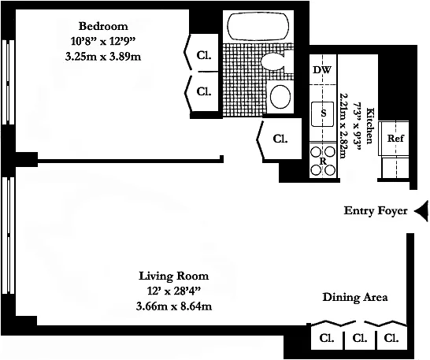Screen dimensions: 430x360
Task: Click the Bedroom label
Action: [103, 26]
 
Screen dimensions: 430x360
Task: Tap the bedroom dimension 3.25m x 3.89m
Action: [103, 57]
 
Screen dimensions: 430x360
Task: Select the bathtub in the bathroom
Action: [258, 27]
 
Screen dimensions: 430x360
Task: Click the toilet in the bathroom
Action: [276, 61]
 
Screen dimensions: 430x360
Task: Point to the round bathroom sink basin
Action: [280, 97]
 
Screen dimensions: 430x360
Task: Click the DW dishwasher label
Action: [323, 70]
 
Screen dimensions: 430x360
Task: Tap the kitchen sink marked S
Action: [323, 114]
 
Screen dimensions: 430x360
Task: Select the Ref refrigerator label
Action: [395, 138]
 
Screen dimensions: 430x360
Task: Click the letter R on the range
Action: [324, 161]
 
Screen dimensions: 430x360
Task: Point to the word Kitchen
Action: [370, 126]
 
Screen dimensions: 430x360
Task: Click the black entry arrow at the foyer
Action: [421, 211]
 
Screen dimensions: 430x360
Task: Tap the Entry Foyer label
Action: [376, 211]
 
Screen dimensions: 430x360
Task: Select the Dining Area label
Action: [355, 297]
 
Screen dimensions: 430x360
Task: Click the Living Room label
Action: [174, 276]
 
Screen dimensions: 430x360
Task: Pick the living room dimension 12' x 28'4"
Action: [174, 291]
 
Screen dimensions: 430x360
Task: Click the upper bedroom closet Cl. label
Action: [204, 56]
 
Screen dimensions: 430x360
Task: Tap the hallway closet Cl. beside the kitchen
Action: [280, 139]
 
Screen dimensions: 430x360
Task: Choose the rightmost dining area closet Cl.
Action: [391, 338]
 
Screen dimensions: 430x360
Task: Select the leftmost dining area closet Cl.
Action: [327, 338]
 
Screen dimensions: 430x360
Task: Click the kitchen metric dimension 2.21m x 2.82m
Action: [343, 125]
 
